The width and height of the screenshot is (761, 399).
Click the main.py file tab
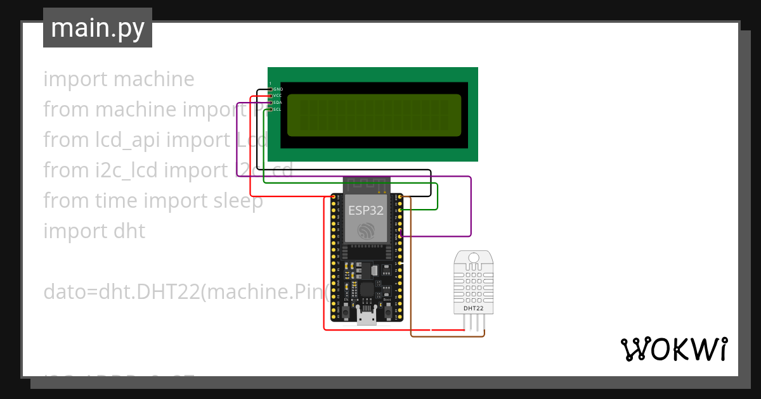point(97,28)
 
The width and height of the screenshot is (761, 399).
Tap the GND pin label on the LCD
point(278,89)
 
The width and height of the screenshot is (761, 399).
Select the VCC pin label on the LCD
point(278,96)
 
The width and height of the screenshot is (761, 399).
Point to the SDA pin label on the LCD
point(278,103)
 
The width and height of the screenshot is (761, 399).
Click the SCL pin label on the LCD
point(278,110)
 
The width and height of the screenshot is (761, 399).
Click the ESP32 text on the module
point(365,210)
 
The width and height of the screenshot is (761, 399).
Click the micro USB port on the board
point(366,317)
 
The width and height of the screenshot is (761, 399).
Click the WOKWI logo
point(673,349)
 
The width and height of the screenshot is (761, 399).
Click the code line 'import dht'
point(94,231)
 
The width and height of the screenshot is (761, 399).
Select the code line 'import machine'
point(119,79)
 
